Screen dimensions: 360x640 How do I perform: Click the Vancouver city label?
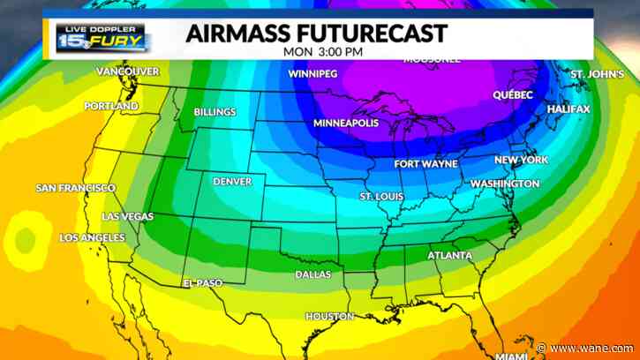tap(127, 71)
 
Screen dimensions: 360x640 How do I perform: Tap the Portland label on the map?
tap(110, 106)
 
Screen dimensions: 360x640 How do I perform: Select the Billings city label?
tap(215, 112)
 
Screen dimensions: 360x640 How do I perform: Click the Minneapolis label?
tap(346, 123)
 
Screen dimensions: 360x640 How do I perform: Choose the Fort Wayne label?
tap(425, 164)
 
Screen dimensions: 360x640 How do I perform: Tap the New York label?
tap(521, 160)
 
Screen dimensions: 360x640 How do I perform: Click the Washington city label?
tap(504, 184)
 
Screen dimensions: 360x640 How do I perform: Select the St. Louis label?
tap(381, 195)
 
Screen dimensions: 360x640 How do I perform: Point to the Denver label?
tap(232, 182)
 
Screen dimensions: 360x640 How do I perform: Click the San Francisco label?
tap(75, 188)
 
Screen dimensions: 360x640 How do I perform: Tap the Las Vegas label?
tap(127, 216)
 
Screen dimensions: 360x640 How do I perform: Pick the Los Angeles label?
tap(92, 238)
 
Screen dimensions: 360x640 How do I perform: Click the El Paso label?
tap(202, 282)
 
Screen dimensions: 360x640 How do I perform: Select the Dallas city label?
tap(313, 274)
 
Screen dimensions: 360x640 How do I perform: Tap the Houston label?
tap(329, 316)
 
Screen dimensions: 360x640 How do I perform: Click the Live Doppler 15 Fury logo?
tap(103, 37)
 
